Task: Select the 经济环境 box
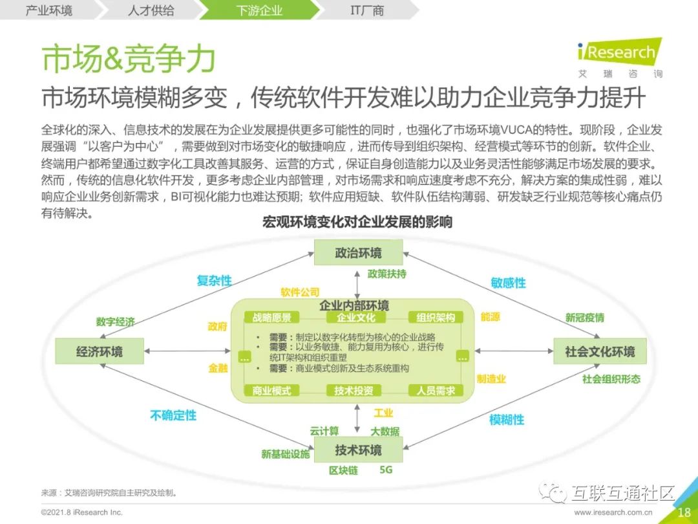click(x=99, y=352)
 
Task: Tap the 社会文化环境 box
click(x=599, y=352)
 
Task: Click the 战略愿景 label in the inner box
click(x=272, y=318)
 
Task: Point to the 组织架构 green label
click(x=436, y=318)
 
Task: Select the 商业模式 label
click(x=272, y=391)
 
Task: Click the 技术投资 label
click(x=354, y=391)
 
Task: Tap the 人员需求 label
click(x=436, y=391)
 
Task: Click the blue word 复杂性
click(x=214, y=281)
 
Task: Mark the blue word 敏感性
click(x=508, y=283)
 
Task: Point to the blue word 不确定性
click(x=173, y=415)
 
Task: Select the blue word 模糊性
click(x=507, y=420)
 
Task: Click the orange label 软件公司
click(x=300, y=293)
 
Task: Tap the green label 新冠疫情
click(x=585, y=318)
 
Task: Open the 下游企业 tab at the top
click(x=259, y=10)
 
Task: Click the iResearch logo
click(x=619, y=52)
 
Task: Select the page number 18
click(x=684, y=512)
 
